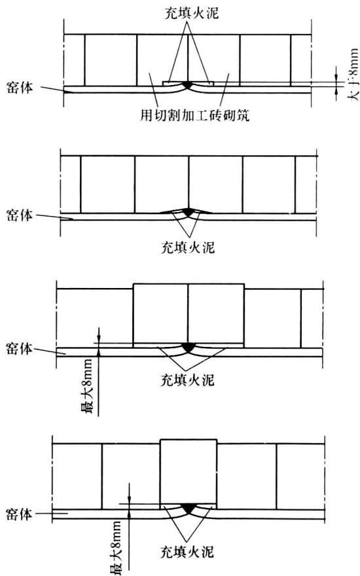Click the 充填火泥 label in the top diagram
192,13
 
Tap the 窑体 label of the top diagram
20,88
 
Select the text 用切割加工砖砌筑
195,115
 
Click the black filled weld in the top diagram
188,84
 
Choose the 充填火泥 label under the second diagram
188,247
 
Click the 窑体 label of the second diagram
20,215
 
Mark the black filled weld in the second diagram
188,212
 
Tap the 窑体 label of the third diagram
20,348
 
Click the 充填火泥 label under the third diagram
188,380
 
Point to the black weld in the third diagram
188,347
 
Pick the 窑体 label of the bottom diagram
20,514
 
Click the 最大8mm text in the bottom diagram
117,547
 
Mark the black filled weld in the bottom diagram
189,508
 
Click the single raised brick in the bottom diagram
189,471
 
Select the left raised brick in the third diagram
160,314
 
